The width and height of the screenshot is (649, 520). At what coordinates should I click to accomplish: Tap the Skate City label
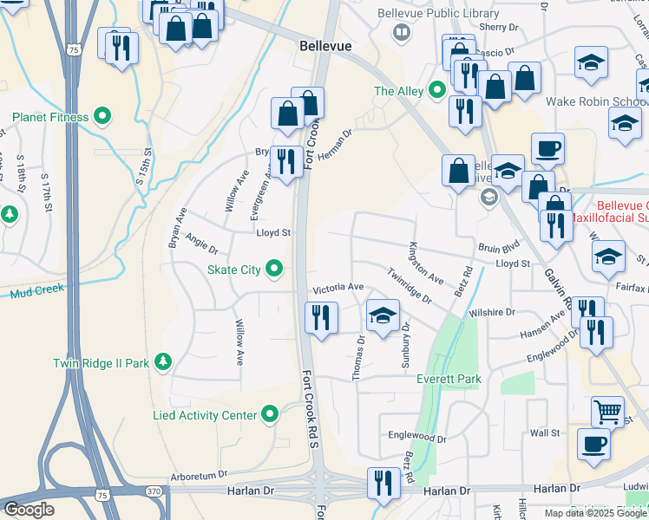pos(233,270)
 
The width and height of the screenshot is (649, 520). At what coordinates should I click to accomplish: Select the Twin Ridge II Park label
pos(102,363)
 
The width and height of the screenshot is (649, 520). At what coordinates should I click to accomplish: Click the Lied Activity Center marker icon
pos(271,415)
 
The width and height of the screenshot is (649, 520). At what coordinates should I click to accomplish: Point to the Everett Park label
pos(449,379)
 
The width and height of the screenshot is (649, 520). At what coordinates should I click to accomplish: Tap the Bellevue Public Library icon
pos(401,34)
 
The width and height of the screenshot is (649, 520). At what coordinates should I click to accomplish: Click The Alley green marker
pos(437,90)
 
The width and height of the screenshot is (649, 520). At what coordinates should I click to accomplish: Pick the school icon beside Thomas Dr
pos(383,315)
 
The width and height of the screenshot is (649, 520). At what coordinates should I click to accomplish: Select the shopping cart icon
pos(607,411)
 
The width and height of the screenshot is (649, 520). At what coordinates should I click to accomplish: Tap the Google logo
pos(29,510)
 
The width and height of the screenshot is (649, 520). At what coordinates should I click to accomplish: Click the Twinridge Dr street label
pos(409,285)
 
